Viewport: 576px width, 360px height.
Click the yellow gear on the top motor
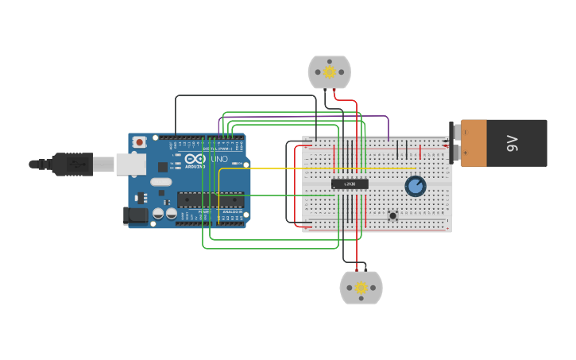(x=329, y=72)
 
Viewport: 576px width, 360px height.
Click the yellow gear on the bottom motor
(x=361, y=288)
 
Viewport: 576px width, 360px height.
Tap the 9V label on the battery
(x=512, y=143)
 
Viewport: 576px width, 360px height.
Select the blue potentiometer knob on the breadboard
(x=415, y=187)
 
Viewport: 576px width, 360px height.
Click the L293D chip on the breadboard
(x=350, y=184)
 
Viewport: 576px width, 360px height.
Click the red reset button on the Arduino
(x=140, y=142)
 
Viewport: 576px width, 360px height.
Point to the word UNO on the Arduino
(x=219, y=159)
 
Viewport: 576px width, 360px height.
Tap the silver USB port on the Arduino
(x=130, y=164)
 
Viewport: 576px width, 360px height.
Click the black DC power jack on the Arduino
(x=135, y=215)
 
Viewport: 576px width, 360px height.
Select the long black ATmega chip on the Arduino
(x=210, y=199)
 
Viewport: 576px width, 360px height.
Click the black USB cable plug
(x=72, y=164)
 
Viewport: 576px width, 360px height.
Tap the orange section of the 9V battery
(x=474, y=143)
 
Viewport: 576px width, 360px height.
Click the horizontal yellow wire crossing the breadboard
(x=318, y=168)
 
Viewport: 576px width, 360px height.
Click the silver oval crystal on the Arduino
(x=160, y=182)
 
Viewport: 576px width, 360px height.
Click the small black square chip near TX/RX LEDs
(x=162, y=167)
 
